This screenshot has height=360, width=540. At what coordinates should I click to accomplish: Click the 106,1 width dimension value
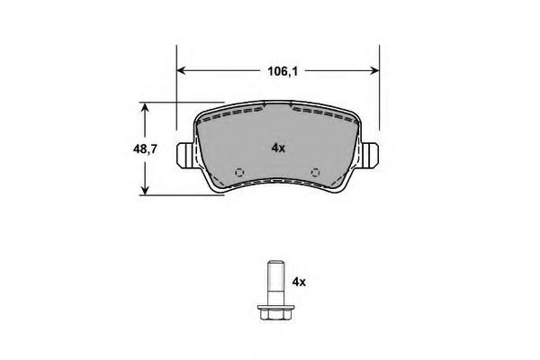click(283, 71)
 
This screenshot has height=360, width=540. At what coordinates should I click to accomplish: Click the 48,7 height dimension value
click(145, 148)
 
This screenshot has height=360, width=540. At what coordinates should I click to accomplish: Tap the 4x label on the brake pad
click(278, 148)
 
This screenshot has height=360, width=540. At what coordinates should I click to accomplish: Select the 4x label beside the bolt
click(299, 282)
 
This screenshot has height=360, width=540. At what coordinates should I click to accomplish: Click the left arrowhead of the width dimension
click(181, 70)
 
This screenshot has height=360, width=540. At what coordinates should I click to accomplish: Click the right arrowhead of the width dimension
click(374, 70)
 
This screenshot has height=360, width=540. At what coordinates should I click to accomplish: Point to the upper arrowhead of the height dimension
click(145, 107)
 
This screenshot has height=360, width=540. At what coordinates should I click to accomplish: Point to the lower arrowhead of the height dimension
click(145, 190)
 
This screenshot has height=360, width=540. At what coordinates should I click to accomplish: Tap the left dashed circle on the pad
click(239, 172)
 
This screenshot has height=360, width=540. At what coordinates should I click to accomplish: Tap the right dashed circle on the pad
click(316, 172)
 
